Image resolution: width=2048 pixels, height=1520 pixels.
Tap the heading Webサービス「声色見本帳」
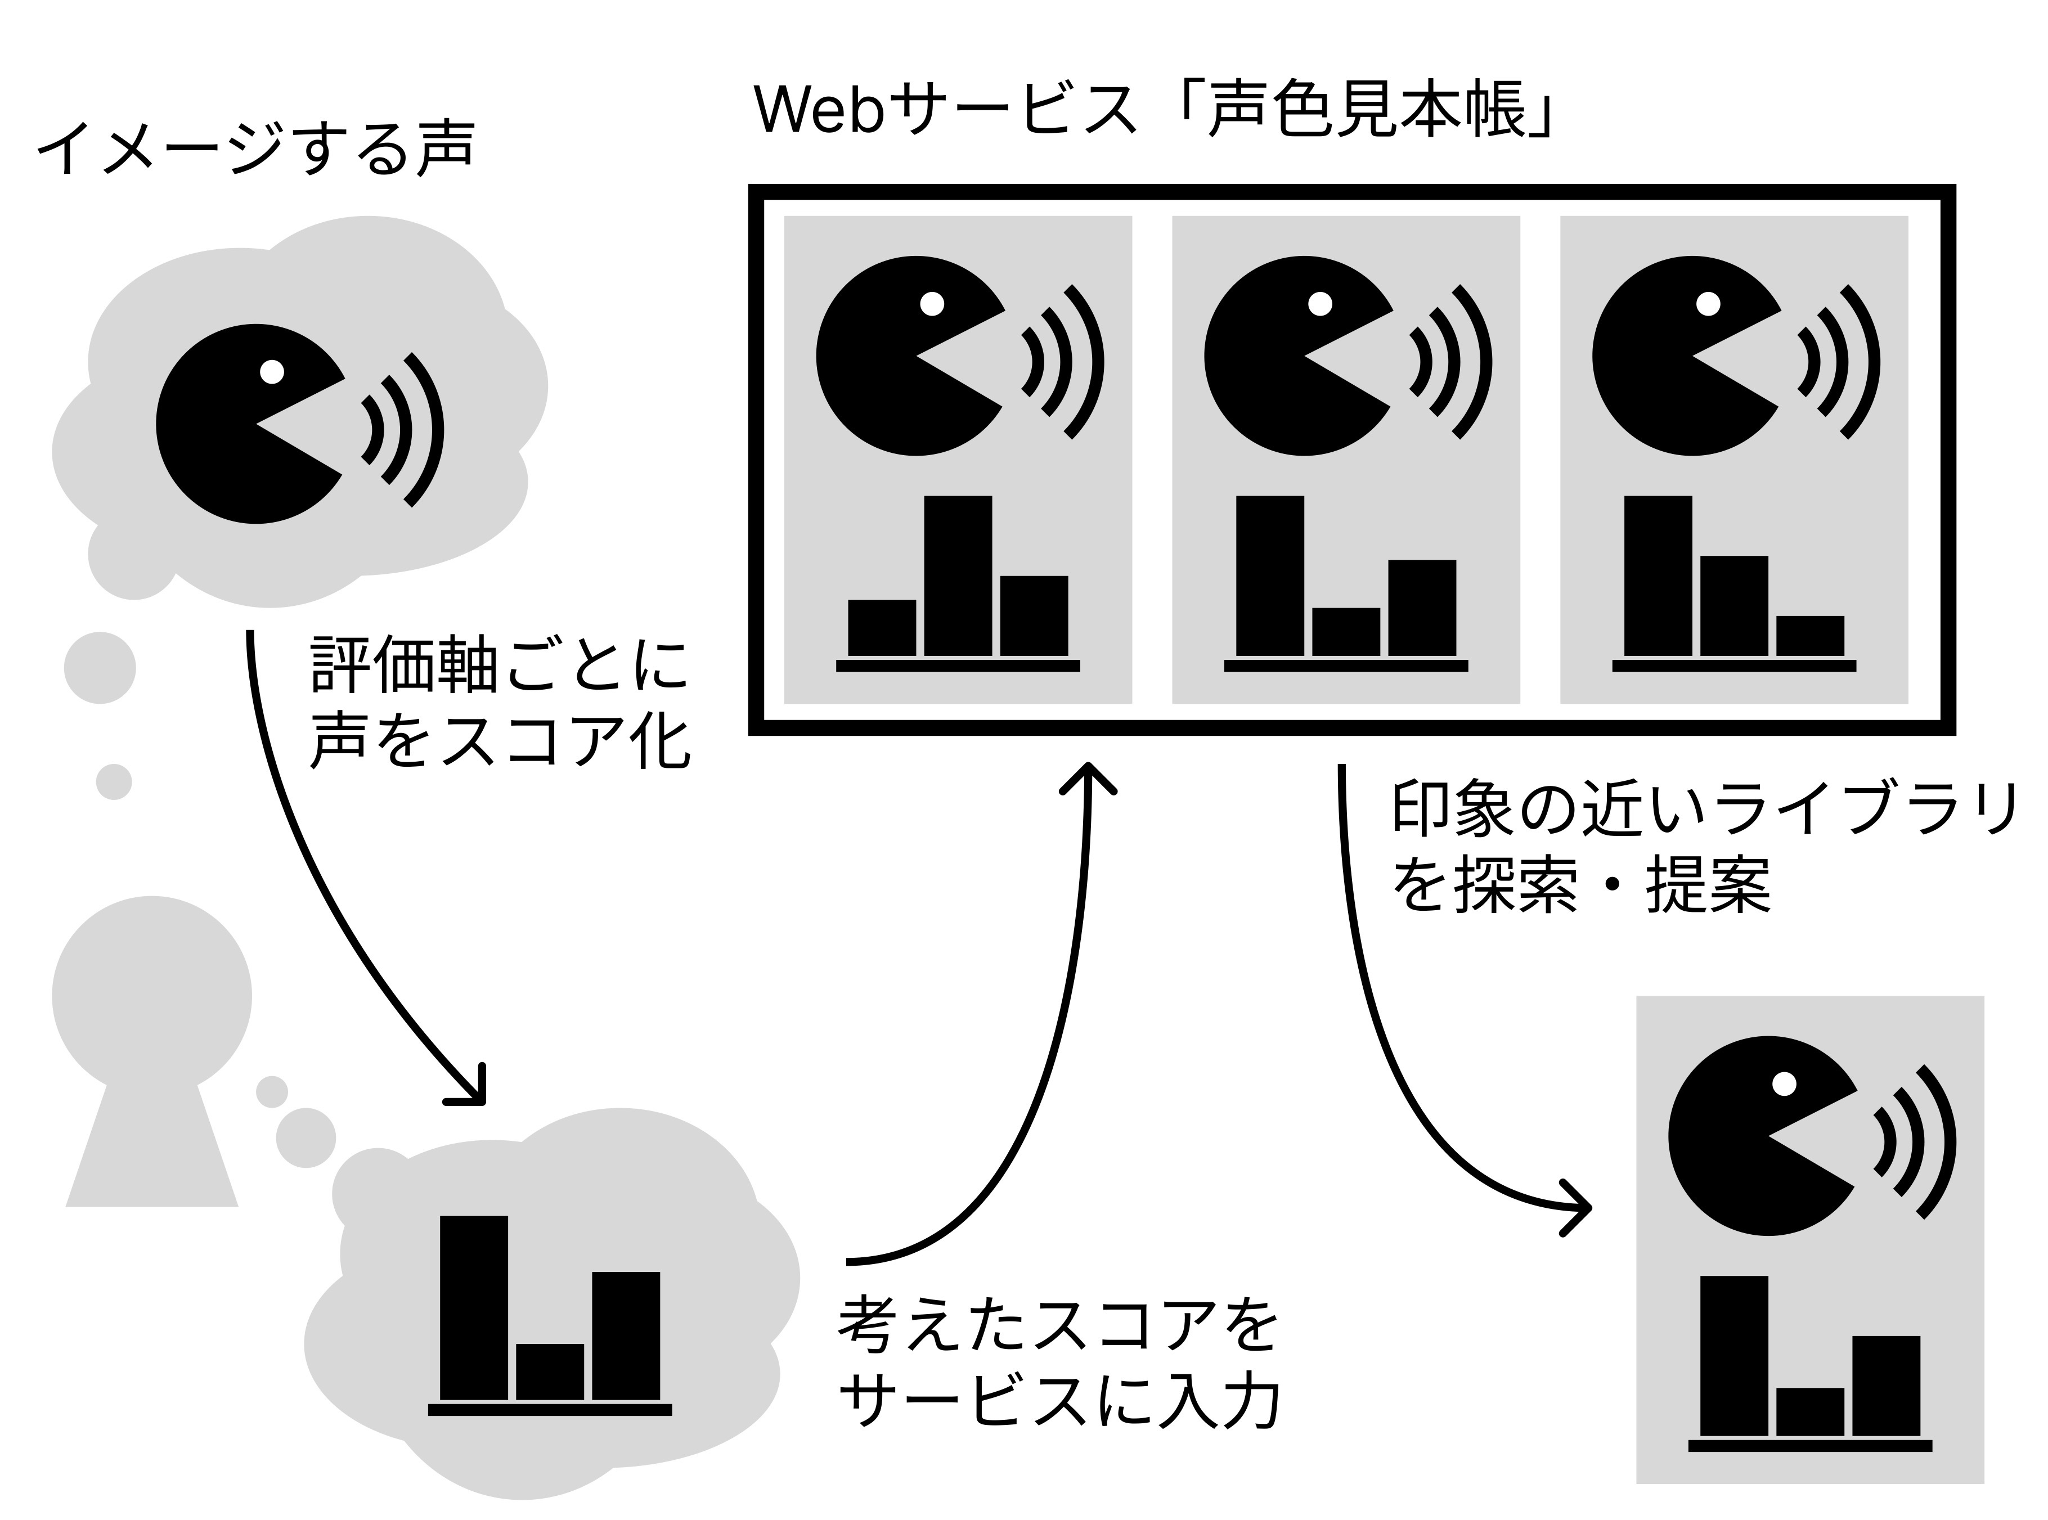(1154, 110)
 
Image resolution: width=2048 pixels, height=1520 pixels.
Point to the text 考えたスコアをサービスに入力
(1058, 1364)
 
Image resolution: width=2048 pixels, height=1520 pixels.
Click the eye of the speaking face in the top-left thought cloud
(272, 371)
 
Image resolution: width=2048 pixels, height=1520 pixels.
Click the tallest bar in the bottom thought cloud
(474, 1307)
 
